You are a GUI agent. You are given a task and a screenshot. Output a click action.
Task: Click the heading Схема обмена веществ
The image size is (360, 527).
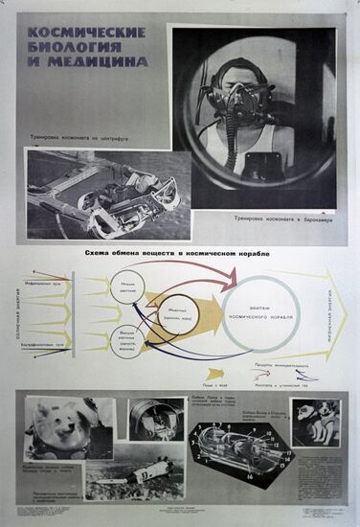click(178, 251)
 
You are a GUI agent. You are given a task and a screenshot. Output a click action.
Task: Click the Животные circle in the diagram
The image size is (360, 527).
click(179, 312)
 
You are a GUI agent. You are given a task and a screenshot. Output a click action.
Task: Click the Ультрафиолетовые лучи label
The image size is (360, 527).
click(44, 342)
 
